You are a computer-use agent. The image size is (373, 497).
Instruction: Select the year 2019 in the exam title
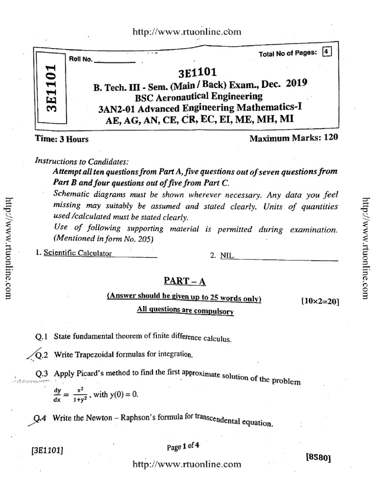[x=296, y=83]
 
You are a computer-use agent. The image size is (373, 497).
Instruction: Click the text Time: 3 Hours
[x=62, y=139]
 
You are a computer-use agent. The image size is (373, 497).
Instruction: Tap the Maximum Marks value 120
[x=330, y=138]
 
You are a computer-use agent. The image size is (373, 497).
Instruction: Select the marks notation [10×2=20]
[x=320, y=301]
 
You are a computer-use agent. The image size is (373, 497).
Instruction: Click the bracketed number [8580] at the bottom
[x=318, y=457]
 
